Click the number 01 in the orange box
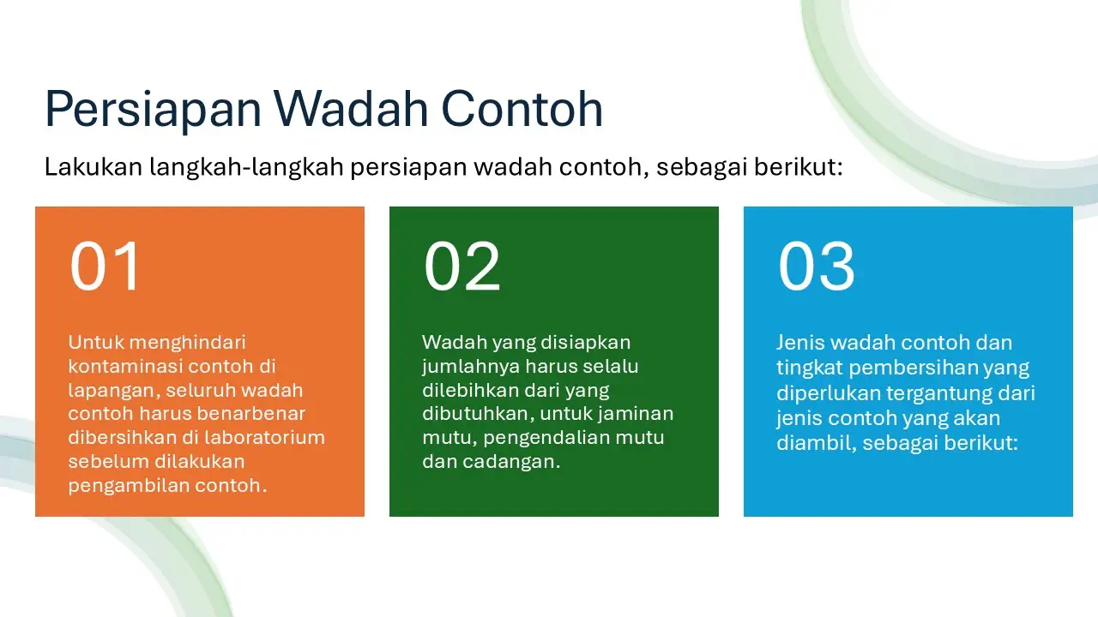point(105,267)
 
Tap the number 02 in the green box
point(462,267)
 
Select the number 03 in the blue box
point(816,267)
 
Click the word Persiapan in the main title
point(152,111)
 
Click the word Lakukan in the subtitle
point(94,166)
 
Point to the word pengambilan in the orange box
point(127,486)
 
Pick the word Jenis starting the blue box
point(799,343)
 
